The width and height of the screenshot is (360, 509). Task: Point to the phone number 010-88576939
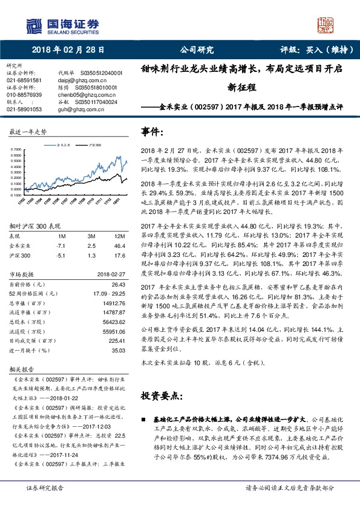24,96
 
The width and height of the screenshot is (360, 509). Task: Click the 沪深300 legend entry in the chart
94,146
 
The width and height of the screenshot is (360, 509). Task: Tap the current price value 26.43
118,267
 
